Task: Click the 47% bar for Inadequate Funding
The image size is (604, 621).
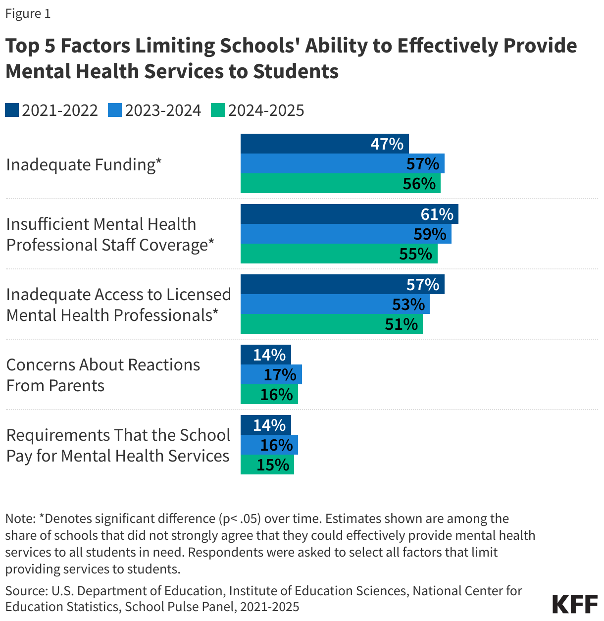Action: [x=324, y=144]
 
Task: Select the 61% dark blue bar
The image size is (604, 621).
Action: [x=349, y=214]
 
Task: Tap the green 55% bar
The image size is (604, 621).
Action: [x=339, y=254]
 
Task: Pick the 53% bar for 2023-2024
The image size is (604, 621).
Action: [x=335, y=304]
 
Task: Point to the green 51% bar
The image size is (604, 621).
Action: [x=331, y=324]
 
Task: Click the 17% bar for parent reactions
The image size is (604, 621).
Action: [x=271, y=374]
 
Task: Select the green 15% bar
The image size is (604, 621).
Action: [x=267, y=465]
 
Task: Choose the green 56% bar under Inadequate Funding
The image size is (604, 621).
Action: [x=340, y=183]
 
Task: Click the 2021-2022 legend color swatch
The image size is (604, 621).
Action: [x=12, y=110]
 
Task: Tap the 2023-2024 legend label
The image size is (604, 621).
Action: [x=163, y=110]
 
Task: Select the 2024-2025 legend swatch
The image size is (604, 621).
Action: [x=218, y=110]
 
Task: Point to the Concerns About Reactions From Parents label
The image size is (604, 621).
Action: [x=103, y=375]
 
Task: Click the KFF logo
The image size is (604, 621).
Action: [x=575, y=605]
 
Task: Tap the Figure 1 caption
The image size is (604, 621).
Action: [x=28, y=14]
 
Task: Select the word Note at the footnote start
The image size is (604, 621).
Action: [x=19, y=518]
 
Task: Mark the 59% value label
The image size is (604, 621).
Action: [x=430, y=234]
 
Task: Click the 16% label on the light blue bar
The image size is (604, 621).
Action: [x=276, y=445]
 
